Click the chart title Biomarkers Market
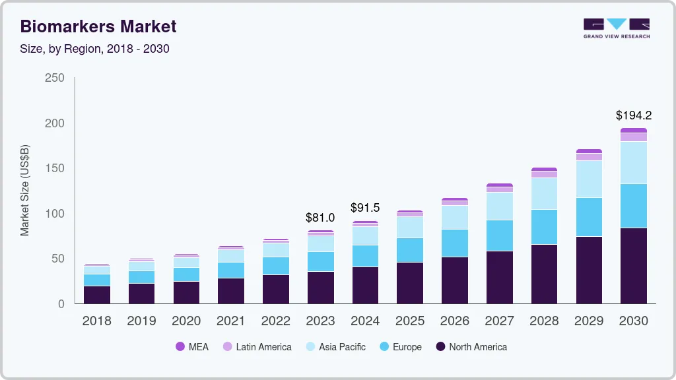point(98,26)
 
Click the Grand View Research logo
point(616,28)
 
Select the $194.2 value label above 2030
point(633,115)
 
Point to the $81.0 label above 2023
point(320,217)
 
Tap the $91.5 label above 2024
point(365,208)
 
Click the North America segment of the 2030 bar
point(633,265)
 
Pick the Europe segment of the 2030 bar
point(633,206)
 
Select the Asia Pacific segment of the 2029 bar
point(589,179)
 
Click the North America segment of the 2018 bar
point(96,294)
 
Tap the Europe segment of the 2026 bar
point(454,243)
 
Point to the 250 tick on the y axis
point(54,78)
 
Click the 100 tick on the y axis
point(54,214)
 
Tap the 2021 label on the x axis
point(231,321)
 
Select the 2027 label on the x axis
point(499,321)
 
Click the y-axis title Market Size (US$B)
point(25,190)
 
